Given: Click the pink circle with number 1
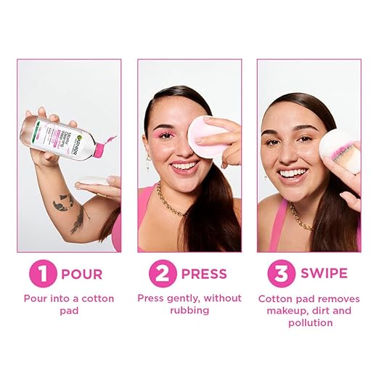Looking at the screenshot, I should click(42, 275).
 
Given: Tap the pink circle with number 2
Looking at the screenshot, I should click(162, 275).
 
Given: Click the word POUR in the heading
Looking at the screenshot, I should click(82, 275).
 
